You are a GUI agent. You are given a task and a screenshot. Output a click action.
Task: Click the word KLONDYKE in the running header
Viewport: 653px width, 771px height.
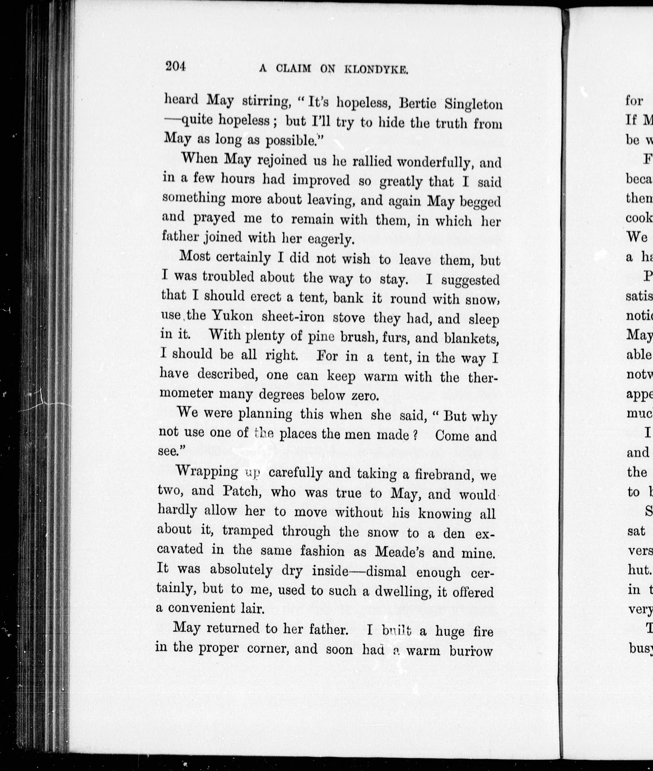click(376, 70)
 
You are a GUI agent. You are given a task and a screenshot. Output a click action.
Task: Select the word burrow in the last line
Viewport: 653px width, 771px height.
click(471, 651)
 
